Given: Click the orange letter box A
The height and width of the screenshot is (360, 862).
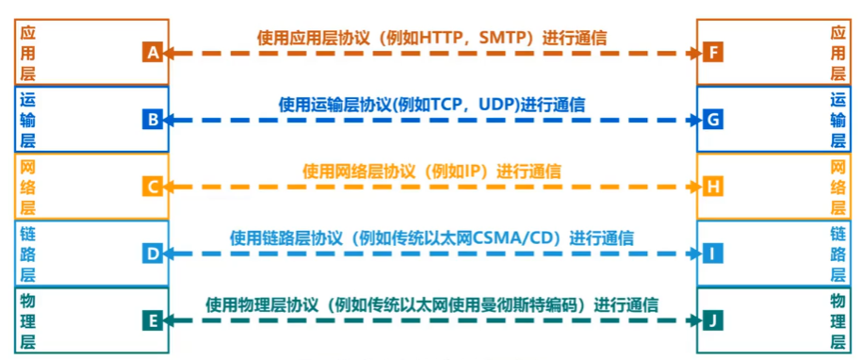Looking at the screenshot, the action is tap(153, 52).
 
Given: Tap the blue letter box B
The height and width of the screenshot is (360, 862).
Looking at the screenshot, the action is tap(153, 119).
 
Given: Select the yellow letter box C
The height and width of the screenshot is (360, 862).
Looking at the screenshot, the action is tap(153, 186).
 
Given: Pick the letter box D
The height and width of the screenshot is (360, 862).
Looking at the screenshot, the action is tap(153, 254).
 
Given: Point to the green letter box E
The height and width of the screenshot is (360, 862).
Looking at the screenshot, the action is tap(153, 320).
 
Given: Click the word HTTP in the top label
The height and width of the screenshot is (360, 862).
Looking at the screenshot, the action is tap(455, 38).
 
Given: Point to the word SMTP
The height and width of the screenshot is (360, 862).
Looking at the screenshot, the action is tap(512, 38).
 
